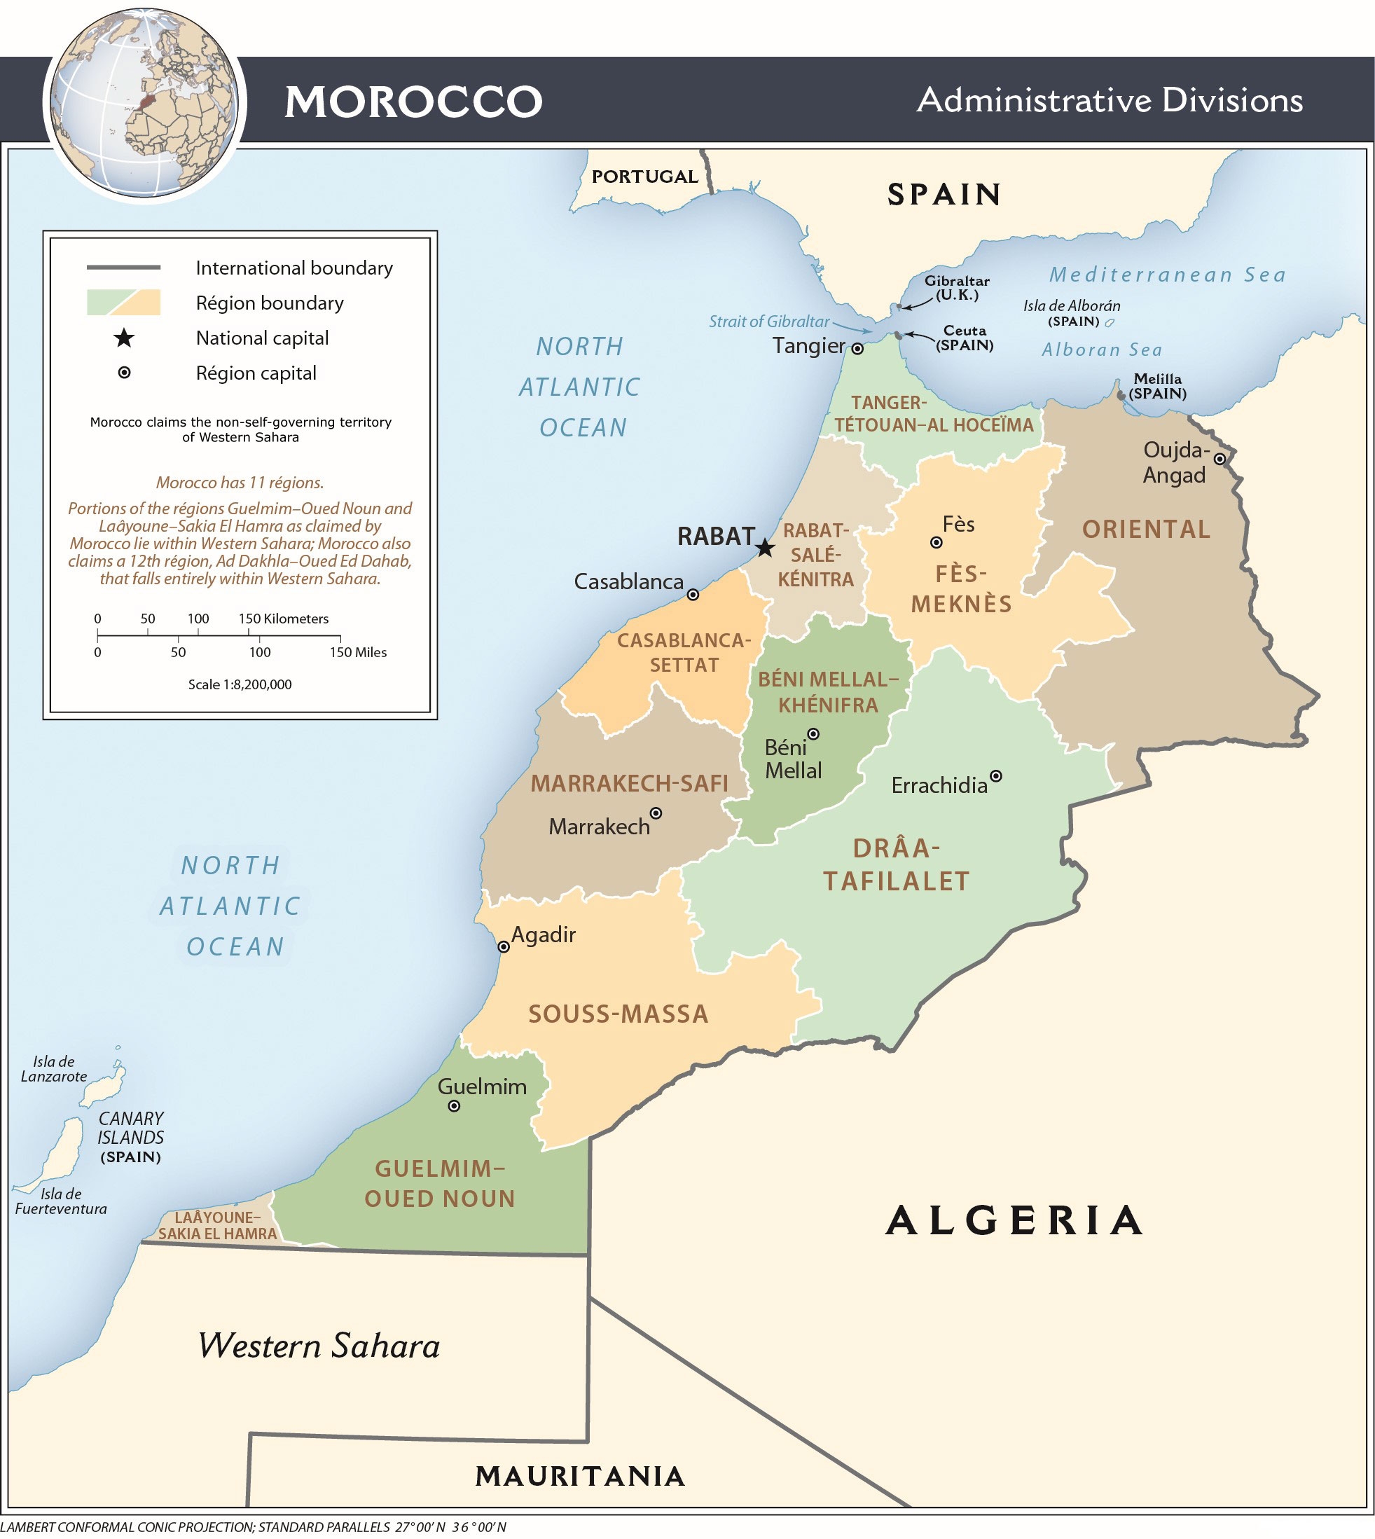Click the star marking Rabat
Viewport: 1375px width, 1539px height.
766,548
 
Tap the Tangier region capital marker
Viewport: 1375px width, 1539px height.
857,349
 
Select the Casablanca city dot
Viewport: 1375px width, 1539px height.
693,595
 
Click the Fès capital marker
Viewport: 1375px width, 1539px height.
936,542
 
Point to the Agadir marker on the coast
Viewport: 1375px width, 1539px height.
504,946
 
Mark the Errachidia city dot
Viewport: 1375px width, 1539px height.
996,776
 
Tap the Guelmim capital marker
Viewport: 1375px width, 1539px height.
454,1106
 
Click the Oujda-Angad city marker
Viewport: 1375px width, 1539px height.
1219,459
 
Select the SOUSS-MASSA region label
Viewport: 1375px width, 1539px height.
618,1014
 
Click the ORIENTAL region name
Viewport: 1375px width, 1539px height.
1145,530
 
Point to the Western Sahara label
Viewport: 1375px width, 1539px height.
319,1346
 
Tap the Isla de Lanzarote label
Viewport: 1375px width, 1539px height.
54,1069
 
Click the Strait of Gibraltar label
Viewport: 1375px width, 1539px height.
768,322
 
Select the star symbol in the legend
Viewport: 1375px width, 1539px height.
124,338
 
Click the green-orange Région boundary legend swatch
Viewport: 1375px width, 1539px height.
124,302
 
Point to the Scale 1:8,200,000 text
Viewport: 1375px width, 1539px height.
240,684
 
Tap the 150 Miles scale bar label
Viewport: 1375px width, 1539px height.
357,653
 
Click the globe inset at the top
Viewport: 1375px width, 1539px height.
144,103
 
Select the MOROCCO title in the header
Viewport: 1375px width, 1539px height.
413,102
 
